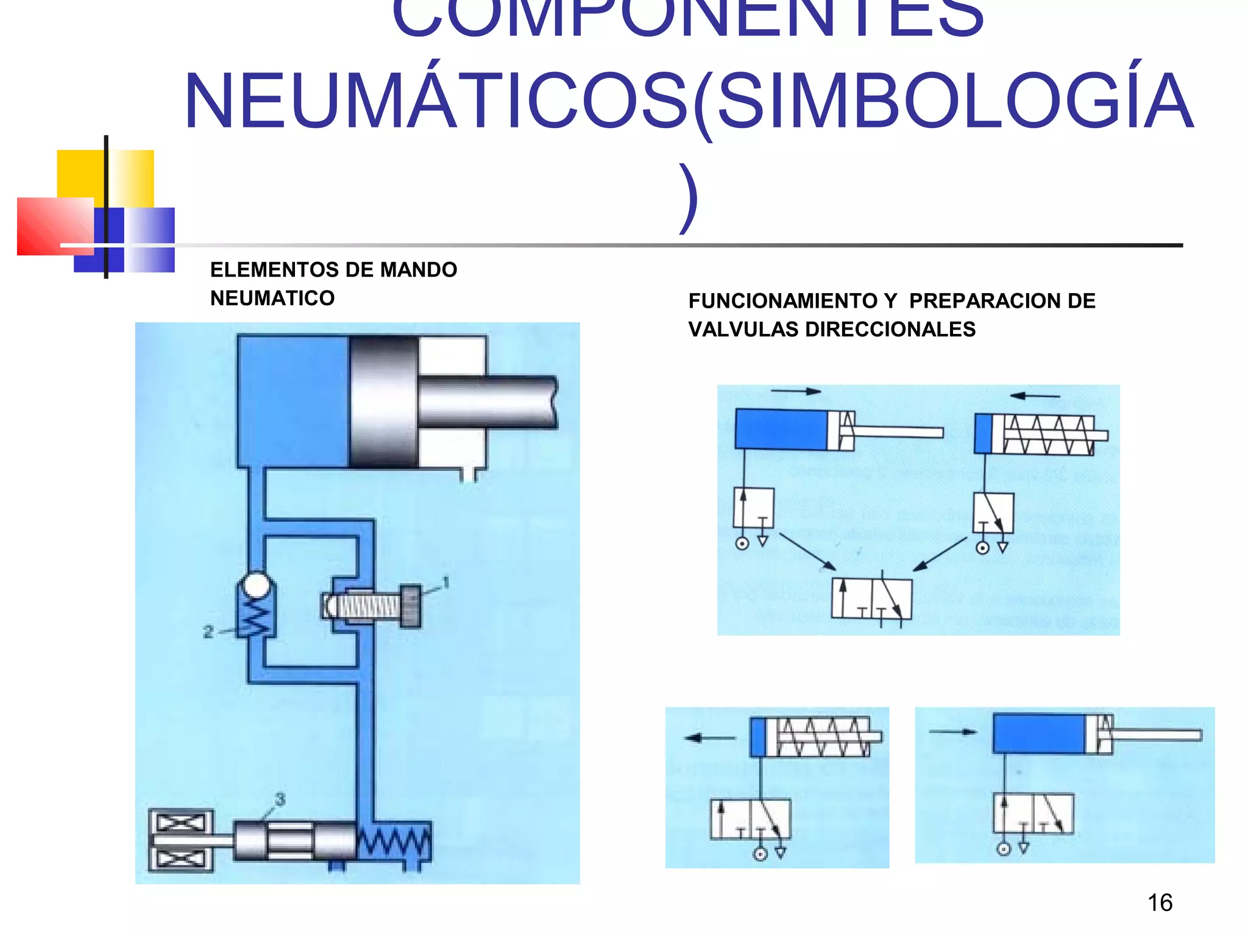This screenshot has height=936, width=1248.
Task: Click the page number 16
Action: coord(1160,902)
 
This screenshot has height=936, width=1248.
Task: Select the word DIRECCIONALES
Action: coord(890,329)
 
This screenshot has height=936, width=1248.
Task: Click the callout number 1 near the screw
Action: coord(446,583)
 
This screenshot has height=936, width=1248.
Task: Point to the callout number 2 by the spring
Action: coord(208,632)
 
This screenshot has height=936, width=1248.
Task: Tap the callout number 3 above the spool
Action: coord(280,799)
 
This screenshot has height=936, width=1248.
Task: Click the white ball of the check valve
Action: coord(256,586)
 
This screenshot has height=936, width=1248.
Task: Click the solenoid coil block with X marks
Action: coord(181,841)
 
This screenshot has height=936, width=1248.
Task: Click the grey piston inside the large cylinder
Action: coord(384,403)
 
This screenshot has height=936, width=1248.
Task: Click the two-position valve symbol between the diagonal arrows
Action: coord(871,599)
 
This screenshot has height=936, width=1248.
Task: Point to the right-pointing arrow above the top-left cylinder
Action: coord(796,391)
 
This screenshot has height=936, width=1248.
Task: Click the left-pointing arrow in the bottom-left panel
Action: coord(710,738)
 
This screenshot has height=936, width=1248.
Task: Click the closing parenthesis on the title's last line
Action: coord(689,198)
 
